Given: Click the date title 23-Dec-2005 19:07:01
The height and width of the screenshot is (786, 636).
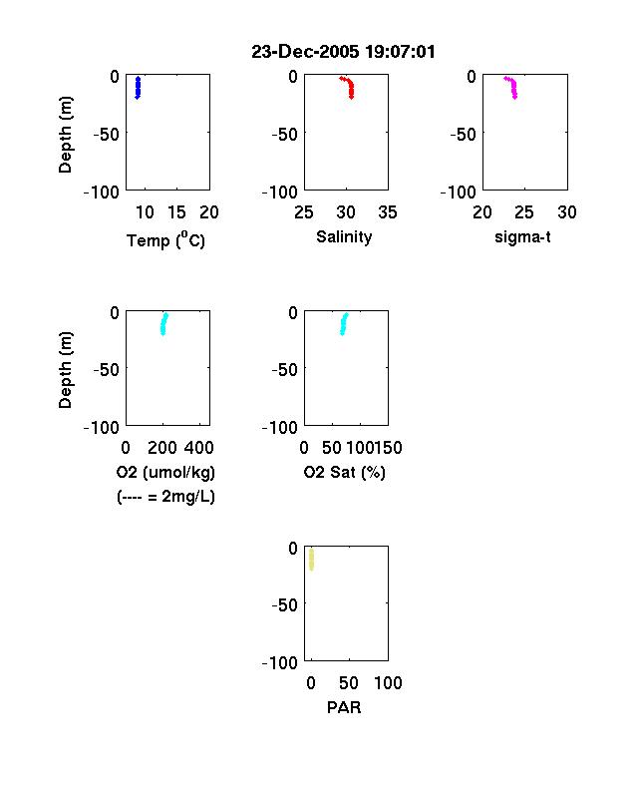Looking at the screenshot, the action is pos(343,52).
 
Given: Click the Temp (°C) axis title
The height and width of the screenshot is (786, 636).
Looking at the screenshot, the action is pos(165,240).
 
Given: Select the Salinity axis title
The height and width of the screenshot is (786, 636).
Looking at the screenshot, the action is pos(344,236).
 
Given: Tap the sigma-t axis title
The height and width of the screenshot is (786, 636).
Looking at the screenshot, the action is pos(522,236).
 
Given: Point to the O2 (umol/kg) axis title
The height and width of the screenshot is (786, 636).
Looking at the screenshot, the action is pos(165,472).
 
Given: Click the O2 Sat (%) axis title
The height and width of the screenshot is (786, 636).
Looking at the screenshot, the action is pos(344,472).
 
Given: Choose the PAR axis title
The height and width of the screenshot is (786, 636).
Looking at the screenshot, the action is pos(344,707).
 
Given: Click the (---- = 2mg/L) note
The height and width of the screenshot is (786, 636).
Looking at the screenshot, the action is pos(165,497).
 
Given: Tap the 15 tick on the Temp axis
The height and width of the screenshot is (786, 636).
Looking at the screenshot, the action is pos(176,212).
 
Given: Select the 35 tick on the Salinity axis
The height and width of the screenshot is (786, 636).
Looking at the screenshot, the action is pos(388,212).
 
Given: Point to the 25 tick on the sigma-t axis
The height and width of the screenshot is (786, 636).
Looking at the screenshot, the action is pos(523,212).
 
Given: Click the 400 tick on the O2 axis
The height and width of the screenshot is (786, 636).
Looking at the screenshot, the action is pos(198,448).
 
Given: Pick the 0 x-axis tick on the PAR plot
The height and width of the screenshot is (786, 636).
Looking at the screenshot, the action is pos(311,683).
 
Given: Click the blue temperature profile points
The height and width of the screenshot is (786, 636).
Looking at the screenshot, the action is pos(138,88).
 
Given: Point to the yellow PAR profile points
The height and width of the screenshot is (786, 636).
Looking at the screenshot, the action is pos(311,560).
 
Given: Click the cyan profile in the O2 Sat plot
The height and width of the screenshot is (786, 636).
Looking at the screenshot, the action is pos(343,324).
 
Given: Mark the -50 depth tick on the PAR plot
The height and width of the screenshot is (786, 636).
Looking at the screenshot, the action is pos(285,605).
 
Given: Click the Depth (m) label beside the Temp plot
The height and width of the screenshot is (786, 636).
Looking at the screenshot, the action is pos(65,135).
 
